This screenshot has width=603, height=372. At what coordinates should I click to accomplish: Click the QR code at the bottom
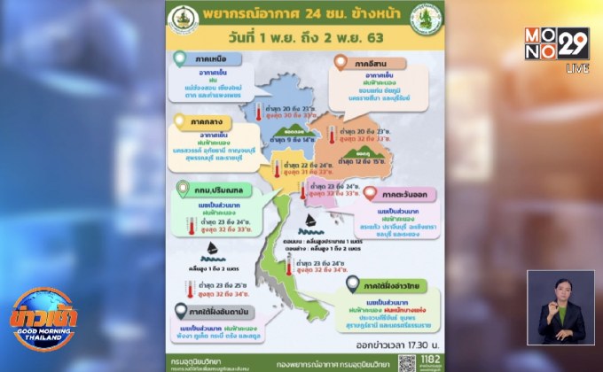pyautogui.click(x=407, y=362)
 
